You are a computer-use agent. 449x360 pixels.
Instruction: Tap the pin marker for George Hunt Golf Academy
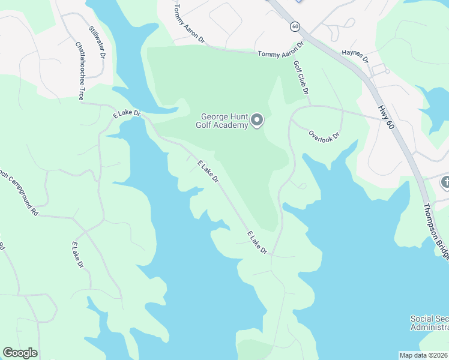257,121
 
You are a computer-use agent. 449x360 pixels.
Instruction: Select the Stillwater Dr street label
97,42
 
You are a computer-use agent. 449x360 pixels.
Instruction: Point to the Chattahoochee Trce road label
80,70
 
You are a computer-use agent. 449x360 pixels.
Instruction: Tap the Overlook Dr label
324,135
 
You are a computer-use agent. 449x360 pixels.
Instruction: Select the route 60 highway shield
294,26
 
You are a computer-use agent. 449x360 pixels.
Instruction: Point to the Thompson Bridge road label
435,230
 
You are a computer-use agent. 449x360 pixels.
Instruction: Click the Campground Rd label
18,193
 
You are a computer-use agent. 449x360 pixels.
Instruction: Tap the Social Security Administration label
429,323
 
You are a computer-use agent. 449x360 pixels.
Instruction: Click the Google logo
20,353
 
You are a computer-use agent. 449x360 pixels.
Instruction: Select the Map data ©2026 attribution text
423,355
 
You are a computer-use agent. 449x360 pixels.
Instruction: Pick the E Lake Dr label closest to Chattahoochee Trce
126,113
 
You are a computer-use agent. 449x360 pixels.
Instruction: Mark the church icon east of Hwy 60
445,182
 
